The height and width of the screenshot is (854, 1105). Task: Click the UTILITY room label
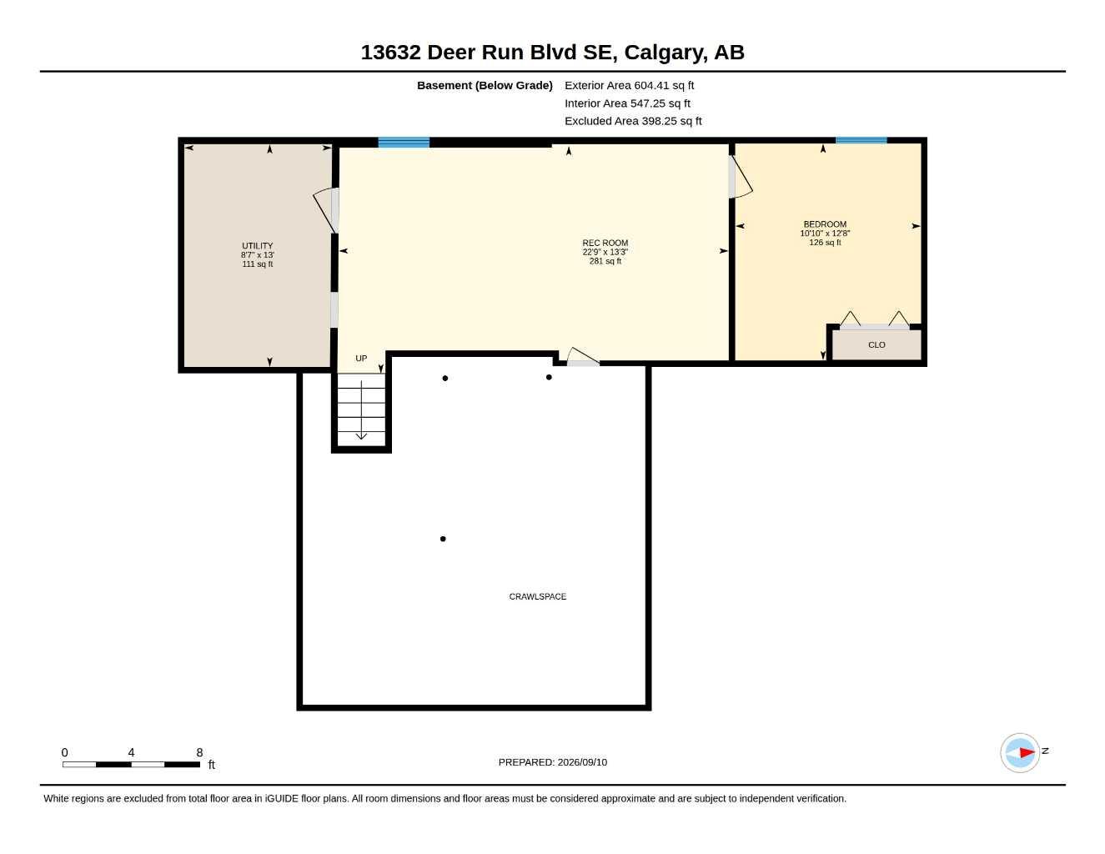click(x=258, y=246)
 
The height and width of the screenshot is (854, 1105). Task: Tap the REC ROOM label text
click(x=605, y=243)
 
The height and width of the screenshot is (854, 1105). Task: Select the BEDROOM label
click(x=825, y=224)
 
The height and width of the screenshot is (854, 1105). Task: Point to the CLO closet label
click(x=876, y=344)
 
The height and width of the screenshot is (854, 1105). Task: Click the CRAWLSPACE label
click(x=538, y=596)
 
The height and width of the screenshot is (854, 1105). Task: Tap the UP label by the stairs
click(x=361, y=359)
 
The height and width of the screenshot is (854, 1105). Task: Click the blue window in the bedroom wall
click(x=861, y=140)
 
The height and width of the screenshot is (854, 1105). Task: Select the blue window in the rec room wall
click(x=404, y=143)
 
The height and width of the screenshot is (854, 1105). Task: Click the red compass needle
click(x=1027, y=752)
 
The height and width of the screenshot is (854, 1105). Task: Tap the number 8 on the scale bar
click(x=199, y=752)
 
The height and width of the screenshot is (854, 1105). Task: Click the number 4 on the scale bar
click(x=131, y=752)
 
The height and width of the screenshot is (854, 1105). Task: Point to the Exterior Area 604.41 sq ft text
click(x=629, y=85)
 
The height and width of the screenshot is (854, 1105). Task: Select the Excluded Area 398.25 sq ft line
click(x=633, y=121)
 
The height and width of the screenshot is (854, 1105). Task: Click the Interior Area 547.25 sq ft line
click(x=627, y=103)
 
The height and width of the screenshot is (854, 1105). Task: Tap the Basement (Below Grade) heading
click(x=485, y=85)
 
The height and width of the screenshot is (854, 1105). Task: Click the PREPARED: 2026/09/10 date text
click(x=553, y=762)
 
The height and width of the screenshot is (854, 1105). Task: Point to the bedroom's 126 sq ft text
click(x=825, y=243)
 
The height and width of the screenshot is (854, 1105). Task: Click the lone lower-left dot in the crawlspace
click(x=443, y=539)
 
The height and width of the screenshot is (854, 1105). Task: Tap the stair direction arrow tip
click(x=361, y=439)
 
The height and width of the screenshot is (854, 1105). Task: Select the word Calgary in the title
click(x=666, y=53)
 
